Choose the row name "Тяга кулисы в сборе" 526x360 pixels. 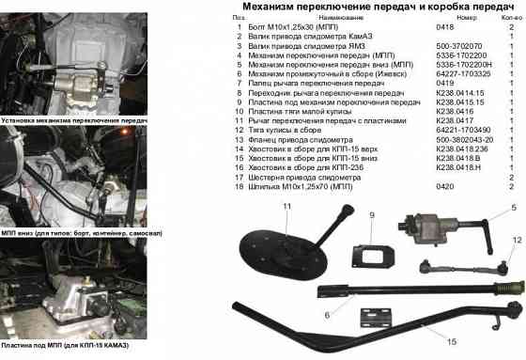tap(281, 129)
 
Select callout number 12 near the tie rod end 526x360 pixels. tap(516, 241)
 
